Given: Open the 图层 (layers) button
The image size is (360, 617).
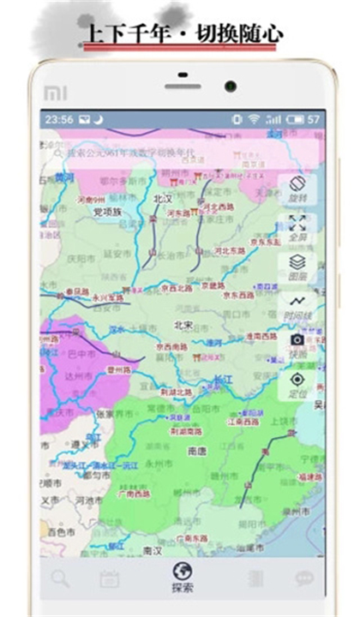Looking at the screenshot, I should (x=297, y=266).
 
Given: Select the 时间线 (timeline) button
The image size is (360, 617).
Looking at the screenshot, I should (x=297, y=305).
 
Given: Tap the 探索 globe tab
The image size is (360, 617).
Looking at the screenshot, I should (x=181, y=576).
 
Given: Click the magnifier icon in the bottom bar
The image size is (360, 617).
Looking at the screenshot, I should (x=59, y=578).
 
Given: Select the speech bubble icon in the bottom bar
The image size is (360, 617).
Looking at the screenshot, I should (x=303, y=578).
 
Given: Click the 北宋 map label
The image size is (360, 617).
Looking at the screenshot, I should (x=183, y=325).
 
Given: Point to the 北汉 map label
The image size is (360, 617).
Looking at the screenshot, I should (x=162, y=198).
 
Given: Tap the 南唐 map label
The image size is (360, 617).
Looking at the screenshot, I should (x=196, y=449).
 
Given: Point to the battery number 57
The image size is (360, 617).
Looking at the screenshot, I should (x=314, y=119).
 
